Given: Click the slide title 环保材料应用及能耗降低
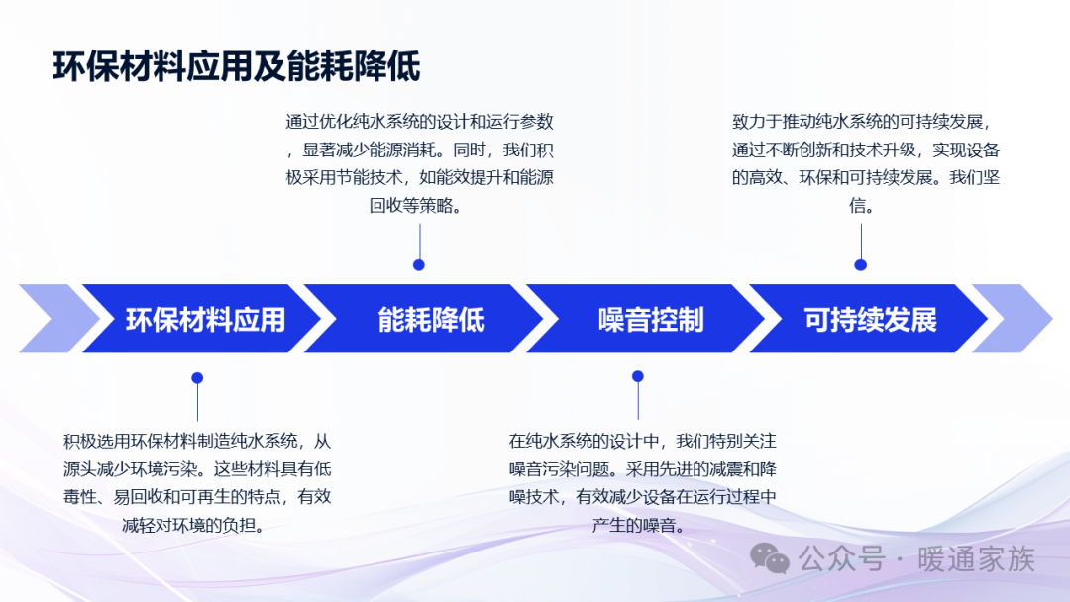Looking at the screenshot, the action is point(236,66).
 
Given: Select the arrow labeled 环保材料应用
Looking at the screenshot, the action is point(202,319).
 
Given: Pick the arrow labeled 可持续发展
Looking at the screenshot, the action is point(869,319).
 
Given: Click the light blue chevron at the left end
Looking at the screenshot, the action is point(58,319).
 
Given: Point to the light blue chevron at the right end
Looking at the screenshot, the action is point(1012,319).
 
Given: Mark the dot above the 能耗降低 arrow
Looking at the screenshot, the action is point(419,265).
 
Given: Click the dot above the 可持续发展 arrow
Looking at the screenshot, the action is point(861,265).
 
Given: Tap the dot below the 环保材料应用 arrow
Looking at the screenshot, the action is point(197,377).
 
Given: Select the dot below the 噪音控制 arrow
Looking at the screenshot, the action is point(638,376).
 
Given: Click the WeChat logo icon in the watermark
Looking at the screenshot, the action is point(770,559).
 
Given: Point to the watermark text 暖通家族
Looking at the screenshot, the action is point(977,559).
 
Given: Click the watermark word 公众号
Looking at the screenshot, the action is point(842,559).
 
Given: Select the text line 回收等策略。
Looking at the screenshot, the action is point(416,205).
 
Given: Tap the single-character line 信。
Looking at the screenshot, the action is point(861,205).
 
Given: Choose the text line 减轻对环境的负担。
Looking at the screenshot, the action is point(194,525).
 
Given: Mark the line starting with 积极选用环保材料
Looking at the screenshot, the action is point(197,441).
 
